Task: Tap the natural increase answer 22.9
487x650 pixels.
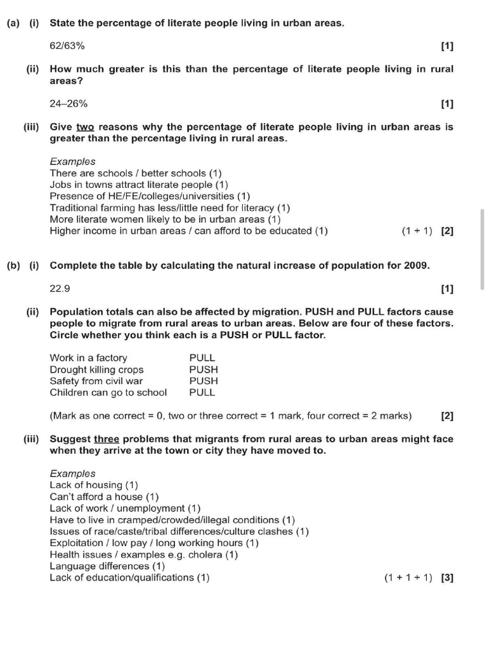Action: (60, 288)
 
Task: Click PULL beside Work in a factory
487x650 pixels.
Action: (202, 358)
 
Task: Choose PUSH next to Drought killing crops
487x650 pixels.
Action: (203, 369)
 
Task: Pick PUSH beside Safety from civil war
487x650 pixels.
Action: (203, 381)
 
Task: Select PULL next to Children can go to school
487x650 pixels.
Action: (202, 392)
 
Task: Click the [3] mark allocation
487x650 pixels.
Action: (447, 578)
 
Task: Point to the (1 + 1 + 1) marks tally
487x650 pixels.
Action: (408, 578)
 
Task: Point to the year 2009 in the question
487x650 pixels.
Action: (416, 265)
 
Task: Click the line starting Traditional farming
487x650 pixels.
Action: (169, 208)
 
